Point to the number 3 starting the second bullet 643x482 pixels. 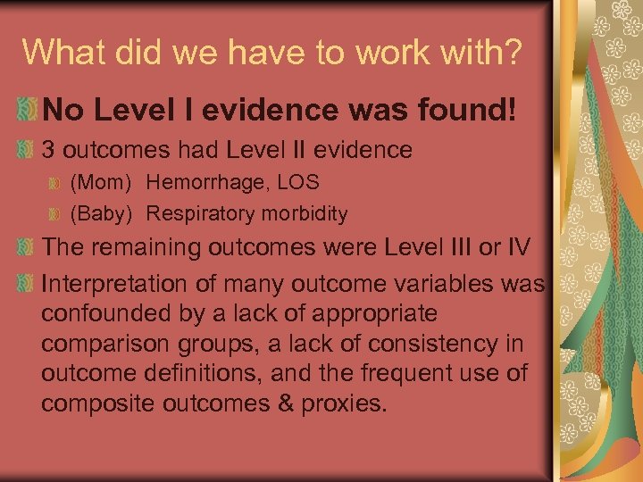[49, 149]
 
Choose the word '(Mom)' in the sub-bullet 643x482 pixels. [101, 183]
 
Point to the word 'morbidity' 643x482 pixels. [302, 214]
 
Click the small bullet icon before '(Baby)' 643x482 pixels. [55, 214]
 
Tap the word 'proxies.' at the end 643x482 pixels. [344, 403]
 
